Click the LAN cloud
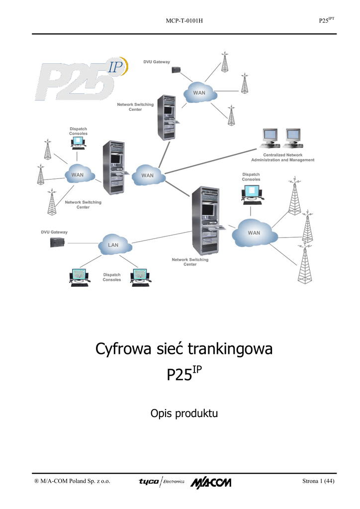(114, 245)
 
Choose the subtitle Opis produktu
(184, 413)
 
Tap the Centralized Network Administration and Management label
(282, 158)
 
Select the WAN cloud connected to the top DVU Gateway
(199, 92)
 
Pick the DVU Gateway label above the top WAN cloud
(157, 62)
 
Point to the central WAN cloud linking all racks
(148, 174)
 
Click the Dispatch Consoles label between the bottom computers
(112, 277)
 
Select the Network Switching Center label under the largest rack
(190, 262)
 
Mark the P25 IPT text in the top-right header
(326, 20)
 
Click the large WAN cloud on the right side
(254, 233)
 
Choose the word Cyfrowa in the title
(122, 349)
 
